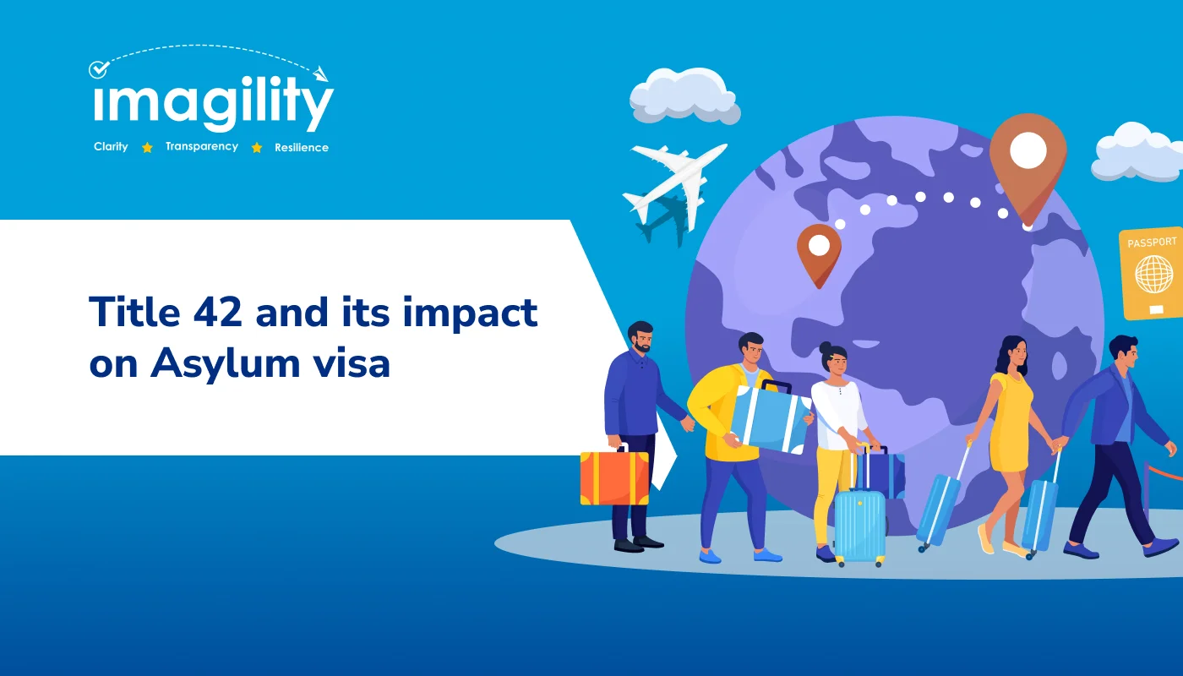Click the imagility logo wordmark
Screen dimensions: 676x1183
point(213,105)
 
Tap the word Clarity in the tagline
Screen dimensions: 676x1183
point(111,147)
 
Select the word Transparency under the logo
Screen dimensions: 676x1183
point(202,147)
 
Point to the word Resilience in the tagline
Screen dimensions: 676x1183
point(302,148)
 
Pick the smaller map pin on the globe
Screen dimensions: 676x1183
point(819,252)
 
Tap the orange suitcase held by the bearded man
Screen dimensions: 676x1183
point(614,477)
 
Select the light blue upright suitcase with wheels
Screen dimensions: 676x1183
point(859,524)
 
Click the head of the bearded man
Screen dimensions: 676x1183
point(641,336)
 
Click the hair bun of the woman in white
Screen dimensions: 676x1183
point(826,348)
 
